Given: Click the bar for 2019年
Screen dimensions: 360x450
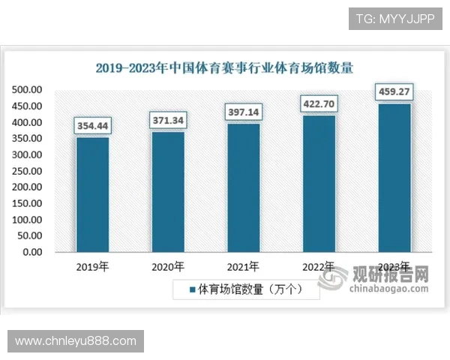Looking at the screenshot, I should (92, 194).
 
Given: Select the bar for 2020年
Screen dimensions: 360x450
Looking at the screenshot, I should (168, 191).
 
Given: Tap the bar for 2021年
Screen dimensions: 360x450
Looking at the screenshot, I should (243, 187).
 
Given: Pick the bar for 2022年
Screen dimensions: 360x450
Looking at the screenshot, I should (319, 183).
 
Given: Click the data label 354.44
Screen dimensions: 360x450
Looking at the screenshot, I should (92, 125).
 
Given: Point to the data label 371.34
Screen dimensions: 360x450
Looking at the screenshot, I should (168, 120).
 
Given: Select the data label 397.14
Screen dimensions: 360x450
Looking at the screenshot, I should (243, 112).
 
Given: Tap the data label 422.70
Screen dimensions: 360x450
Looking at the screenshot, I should (319, 103).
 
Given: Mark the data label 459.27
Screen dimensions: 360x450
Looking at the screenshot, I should (394, 92).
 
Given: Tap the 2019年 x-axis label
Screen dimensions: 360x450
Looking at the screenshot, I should (92, 266).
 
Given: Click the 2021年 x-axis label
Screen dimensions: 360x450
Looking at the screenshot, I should (243, 266).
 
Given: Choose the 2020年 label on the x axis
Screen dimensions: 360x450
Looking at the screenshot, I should (168, 266).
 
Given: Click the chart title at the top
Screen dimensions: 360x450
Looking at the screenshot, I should (225, 67).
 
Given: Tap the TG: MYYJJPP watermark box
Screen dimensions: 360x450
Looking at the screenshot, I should (395, 18).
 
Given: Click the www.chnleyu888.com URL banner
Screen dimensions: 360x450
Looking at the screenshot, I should (75, 341).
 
